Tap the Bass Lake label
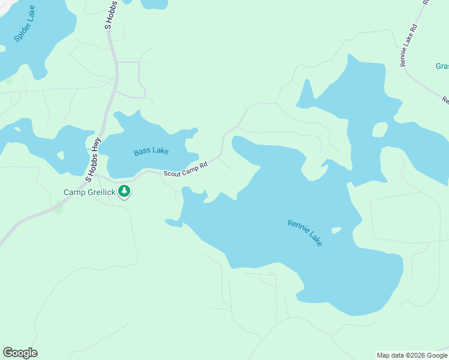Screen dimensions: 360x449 tap(151, 151)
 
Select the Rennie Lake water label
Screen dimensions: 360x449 tap(305, 233)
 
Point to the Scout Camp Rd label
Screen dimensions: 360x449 tap(185, 170)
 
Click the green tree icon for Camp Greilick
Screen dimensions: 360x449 tap(124, 191)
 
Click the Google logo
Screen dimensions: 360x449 tap(20, 353)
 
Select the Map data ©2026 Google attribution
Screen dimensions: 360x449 tap(412, 355)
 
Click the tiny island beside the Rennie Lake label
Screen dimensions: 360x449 tap(336, 230)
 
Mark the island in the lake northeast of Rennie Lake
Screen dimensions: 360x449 tap(379, 130)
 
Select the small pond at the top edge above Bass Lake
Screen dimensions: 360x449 tap(154, 4)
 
